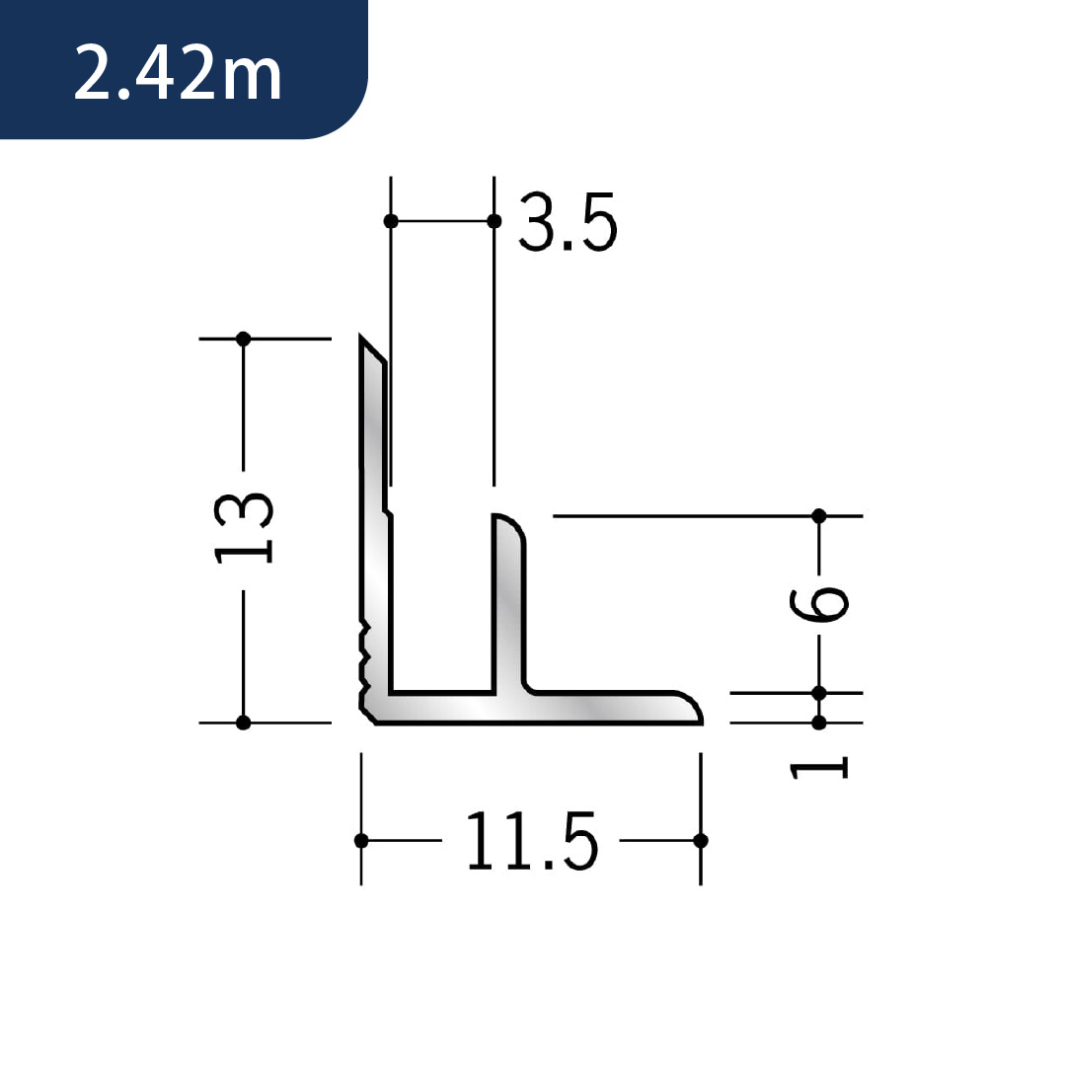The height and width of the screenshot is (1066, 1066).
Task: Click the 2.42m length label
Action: (x=178, y=73)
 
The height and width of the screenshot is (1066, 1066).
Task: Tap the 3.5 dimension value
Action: (x=568, y=222)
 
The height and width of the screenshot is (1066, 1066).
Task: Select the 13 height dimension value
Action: (x=244, y=528)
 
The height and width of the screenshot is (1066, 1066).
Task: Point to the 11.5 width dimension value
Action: (x=532, y=841)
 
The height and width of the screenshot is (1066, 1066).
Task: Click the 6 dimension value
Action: (x=819, y=604)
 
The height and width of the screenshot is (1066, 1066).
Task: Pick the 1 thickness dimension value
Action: (x=818, y=768)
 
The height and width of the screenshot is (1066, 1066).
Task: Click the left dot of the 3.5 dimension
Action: (x=391, y=221)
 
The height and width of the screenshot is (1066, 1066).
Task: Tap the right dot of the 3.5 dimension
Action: (x=495, y=221)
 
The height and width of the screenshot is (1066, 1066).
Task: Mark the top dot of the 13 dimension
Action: (x=244, y=339)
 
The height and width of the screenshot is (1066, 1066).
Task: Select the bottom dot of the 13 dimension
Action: (x=244, y=723)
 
